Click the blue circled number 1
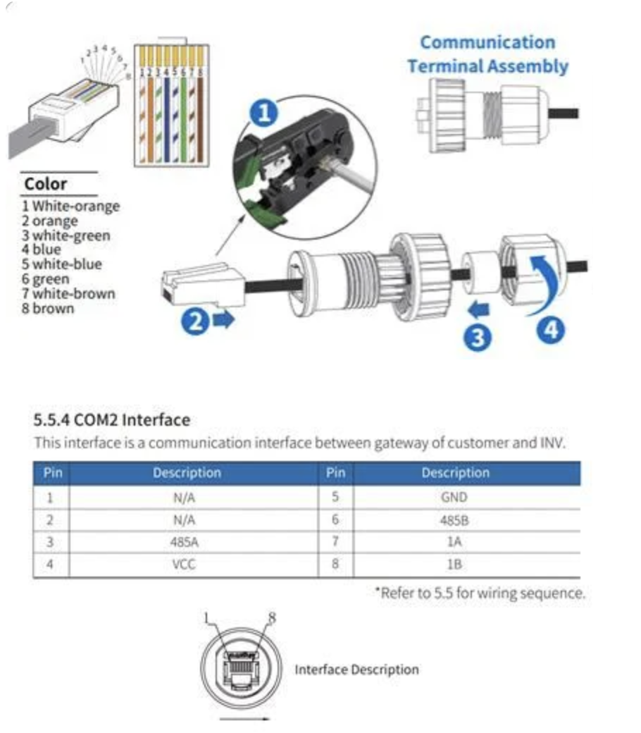tap(264, 113)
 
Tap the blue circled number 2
tap(195, 321)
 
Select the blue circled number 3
tap(477, 338)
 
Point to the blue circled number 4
tap(551, 330)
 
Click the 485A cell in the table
tap(184, 542)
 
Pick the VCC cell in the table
tap(184, 565)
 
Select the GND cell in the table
tap(454, 497)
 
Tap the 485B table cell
tap(454, 520)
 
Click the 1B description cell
tap(454, 565)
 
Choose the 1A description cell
tap(454, 542)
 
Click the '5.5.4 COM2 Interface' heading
tap(112, 420)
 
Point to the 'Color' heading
tap(45, 184)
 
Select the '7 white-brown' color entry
tap(68, 294)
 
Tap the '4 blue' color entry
tap(41, 250)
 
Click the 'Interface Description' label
tap(356, 670)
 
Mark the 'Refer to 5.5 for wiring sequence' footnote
tap(480, 593)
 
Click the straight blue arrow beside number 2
tap(223, 320)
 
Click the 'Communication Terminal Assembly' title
tap(487, 54)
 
